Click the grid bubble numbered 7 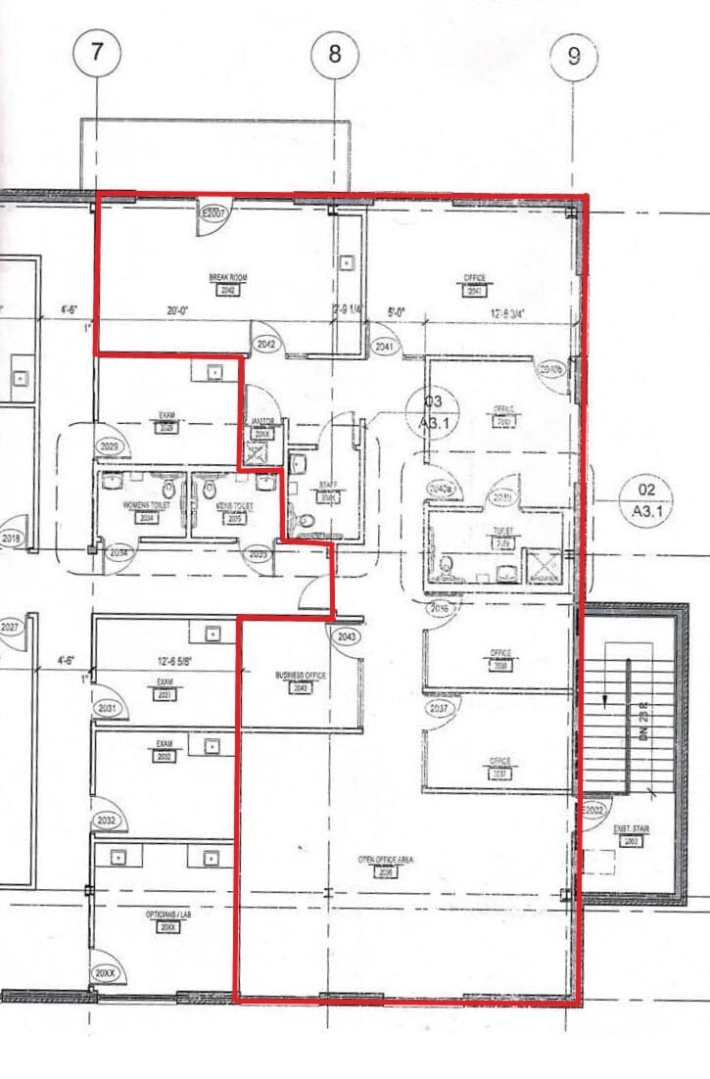pos(96,53)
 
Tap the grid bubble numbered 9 pos(574,57)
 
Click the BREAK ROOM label pos(228,279)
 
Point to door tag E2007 pos(214,212)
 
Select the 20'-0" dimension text pos(177,310)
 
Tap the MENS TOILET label pos(235,506)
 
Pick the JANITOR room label pos(260,422)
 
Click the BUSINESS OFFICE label pos(301,676)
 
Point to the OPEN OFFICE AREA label pos(385,859)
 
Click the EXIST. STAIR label pos(632,829)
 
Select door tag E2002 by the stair pos(594,812)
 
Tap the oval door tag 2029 pos(111,447)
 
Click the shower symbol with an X pos(543,566)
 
